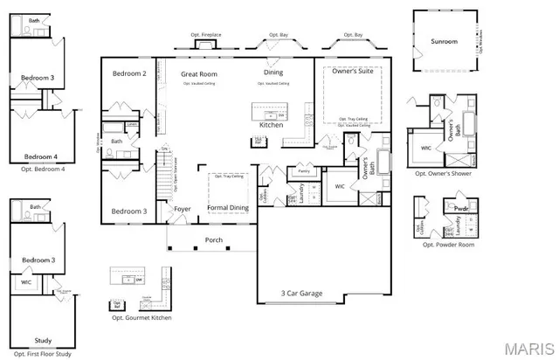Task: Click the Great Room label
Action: tap(199, 74)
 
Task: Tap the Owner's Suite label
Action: tap(349, 73)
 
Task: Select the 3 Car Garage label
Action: tap(301, 294)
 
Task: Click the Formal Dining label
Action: tap(227, 208)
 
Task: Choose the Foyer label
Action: tap(183, 209)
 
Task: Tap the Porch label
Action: tap(214, 239)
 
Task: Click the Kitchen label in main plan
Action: tap(271, 125)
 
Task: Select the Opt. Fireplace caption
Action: tap(206, 35)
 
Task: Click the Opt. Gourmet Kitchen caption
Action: tap(141, 318)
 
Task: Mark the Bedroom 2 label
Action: tap(129, 73)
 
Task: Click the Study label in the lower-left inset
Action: tap(43, 340)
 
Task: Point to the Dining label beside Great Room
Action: tap(273, 73)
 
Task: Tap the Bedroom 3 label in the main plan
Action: tap(128, 211)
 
